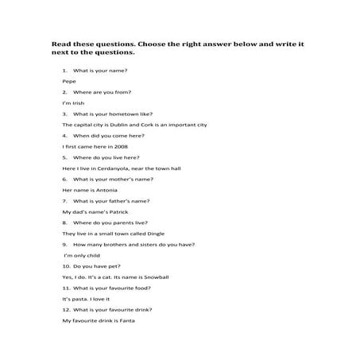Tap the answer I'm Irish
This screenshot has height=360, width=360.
[x=72, y=103]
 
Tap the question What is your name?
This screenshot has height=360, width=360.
[x=100, y=72]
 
